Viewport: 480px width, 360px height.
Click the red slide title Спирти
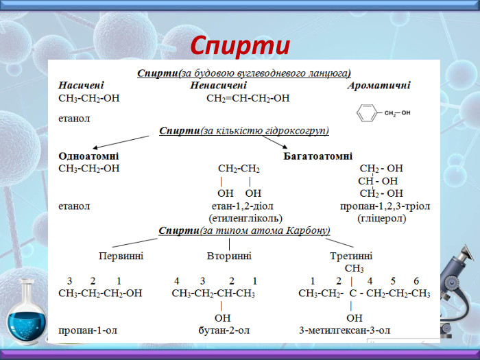coord(239,45)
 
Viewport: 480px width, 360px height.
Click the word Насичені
coord(81,86)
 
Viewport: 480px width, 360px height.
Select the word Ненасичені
coord(218,86)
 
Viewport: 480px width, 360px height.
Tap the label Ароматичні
coord(379,86)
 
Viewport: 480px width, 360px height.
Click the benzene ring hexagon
coord(368,113)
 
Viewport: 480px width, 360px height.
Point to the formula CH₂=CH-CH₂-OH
coord(248,98)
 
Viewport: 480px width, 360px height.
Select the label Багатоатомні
coord(317,156)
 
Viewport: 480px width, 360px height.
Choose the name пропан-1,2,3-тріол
coord(385,206)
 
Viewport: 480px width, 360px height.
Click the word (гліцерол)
coord(381,218)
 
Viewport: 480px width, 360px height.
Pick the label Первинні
coord(121,256)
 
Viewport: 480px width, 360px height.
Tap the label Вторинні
coord(229,256)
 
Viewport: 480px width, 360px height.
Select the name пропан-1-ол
coord(88,331)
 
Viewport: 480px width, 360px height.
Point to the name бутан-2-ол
coord(224,331)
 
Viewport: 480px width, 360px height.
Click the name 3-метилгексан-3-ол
coord(345,331)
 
